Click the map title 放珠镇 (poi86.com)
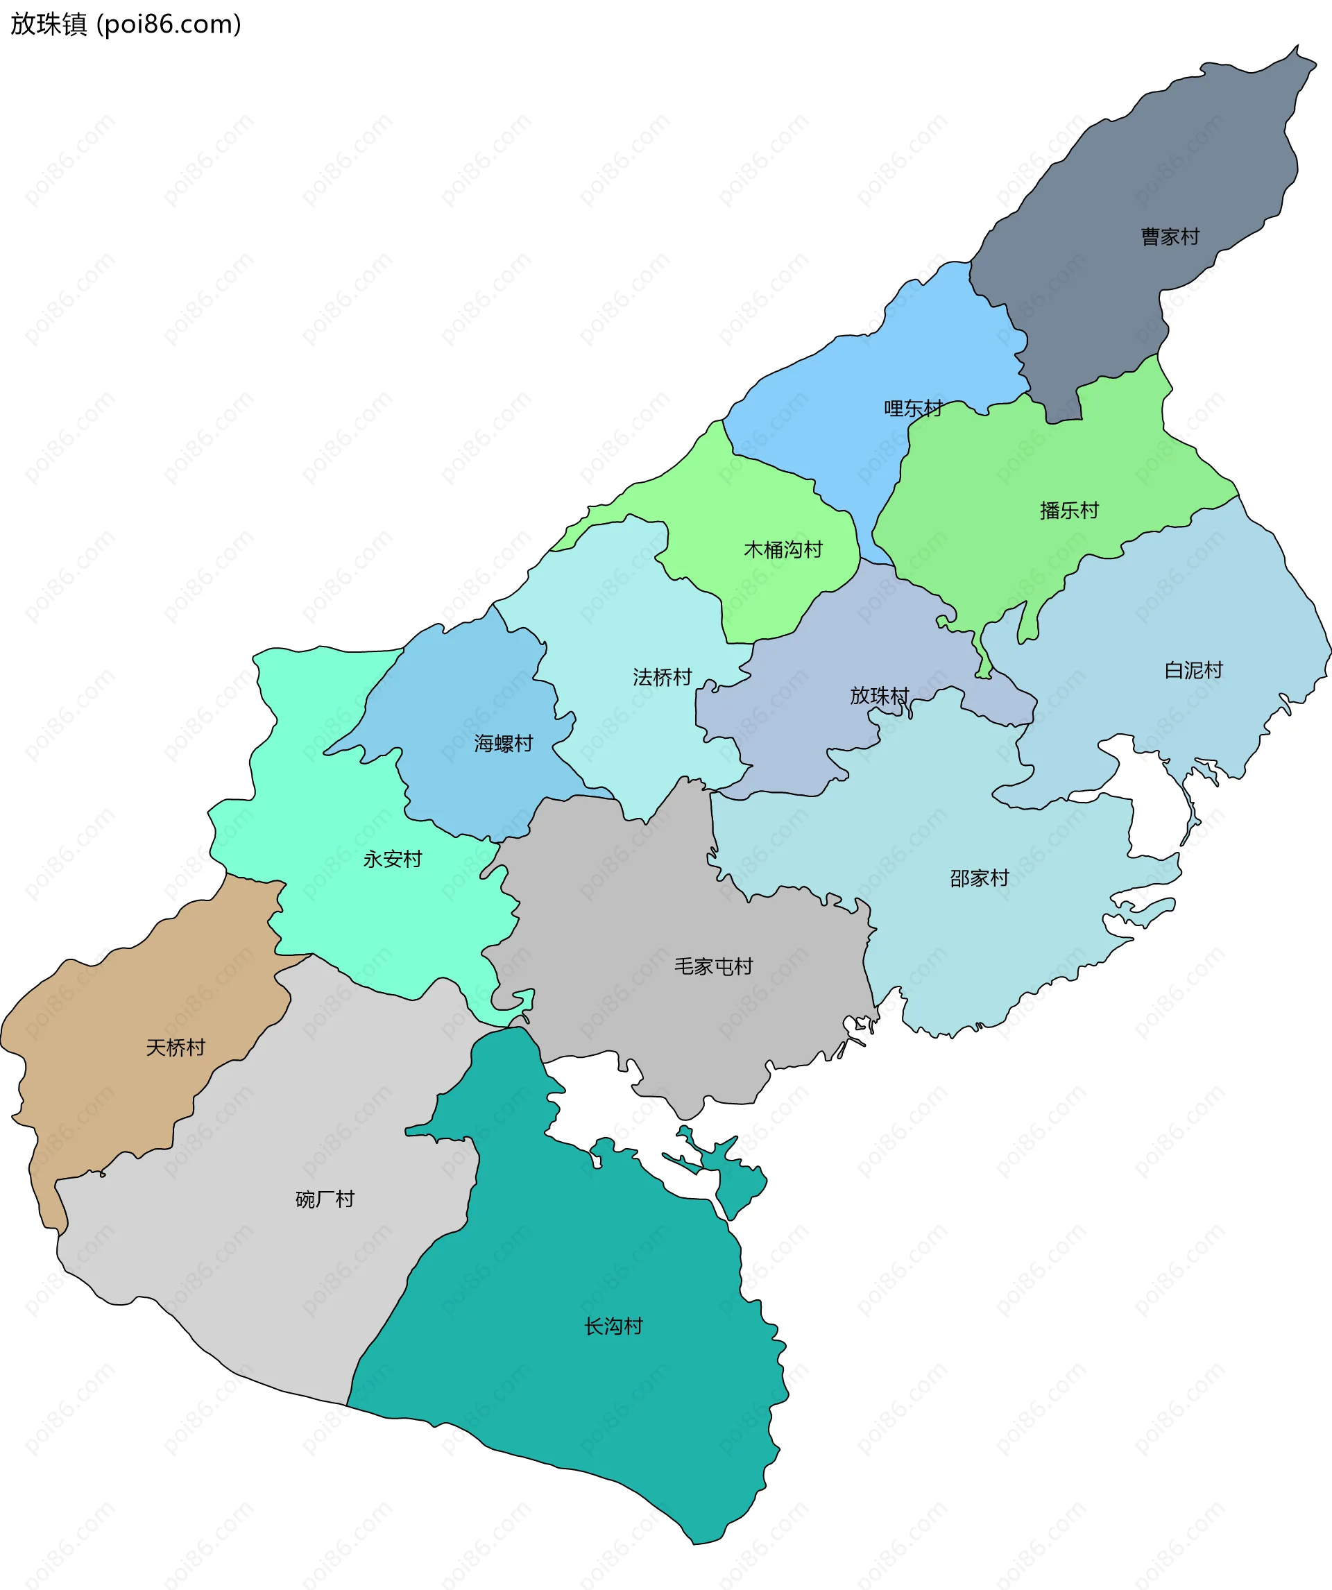(x=126, y=24)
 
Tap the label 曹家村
(x=1170, y=237)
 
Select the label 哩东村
(x=913, y=409)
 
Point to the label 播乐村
(x=1068, y=511)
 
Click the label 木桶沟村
(x=783, y=549)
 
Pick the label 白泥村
(x=1193, y=670)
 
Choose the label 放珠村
(x=879, y=695)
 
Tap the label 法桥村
(x=663, y=677)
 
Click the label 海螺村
(x=504, y=744)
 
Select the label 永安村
(x=392, y=860)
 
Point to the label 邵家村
(x=979, y=878)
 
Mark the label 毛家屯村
(x=713, y=967)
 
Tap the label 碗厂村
(x=325, y=1199)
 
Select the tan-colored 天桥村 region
(x=114, y=1098)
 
